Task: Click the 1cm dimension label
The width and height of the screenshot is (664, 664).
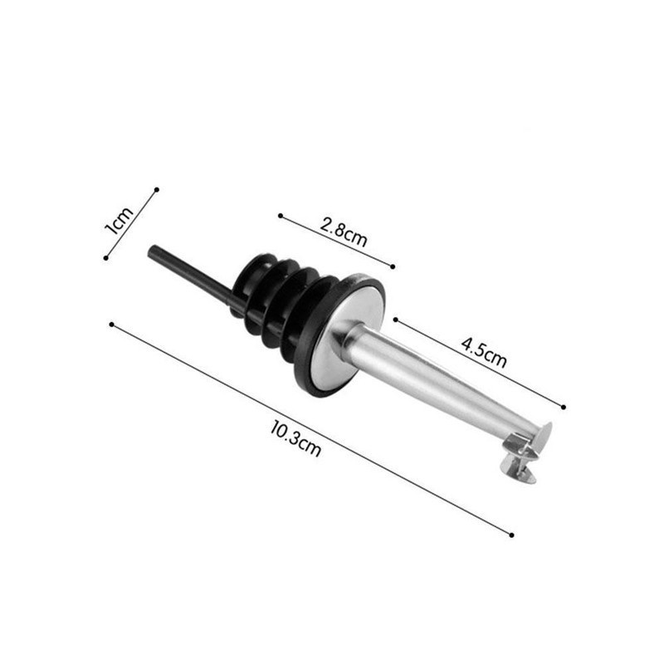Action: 119,221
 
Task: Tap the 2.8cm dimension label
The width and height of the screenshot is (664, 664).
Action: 344,232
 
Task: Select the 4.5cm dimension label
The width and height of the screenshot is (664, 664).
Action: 484,352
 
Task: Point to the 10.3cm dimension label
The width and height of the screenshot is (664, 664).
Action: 295,438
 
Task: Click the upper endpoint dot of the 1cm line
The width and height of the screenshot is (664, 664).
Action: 157,190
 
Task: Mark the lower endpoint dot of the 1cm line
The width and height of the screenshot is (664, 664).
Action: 106,258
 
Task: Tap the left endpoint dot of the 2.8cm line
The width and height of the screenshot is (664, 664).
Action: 281,216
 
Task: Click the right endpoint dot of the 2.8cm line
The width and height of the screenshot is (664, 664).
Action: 393,266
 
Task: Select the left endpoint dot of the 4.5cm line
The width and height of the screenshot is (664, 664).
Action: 396,320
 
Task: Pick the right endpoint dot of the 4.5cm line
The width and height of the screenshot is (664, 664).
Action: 564,407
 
